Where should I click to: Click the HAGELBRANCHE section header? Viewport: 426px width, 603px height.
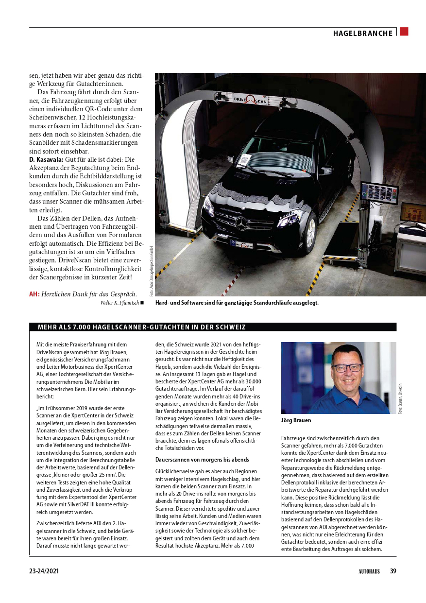click(x=362, y=34)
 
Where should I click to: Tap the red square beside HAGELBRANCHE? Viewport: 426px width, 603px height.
click(x=404, y=32)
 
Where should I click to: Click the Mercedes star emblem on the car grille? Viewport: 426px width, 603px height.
click(x=241, y=224)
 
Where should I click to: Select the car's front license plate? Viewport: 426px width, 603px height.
click(x=241, y=244)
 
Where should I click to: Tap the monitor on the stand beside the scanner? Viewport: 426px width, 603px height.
click(x=379, y=193)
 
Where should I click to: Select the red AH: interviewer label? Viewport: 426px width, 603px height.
click(x=34, y=294)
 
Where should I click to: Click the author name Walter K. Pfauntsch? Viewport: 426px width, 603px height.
click(x=119, y=303)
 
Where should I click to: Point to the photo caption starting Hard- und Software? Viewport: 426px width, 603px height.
click(x=237, y=303)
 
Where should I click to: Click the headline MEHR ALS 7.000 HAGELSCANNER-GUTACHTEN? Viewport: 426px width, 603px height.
click(x=142, y=327)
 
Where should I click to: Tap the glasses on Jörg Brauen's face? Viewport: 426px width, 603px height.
click(x=346, y=368)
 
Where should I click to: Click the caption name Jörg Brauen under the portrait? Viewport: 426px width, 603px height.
click(x=296, y=420)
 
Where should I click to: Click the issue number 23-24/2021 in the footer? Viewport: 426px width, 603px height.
click(x=44, y=571)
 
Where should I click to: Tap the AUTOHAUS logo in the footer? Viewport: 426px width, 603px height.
click(x=366, y=571)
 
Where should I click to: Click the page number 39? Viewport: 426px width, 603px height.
click(x=393, y=571)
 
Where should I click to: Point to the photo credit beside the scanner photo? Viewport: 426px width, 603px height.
click(x=152, y=271)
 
